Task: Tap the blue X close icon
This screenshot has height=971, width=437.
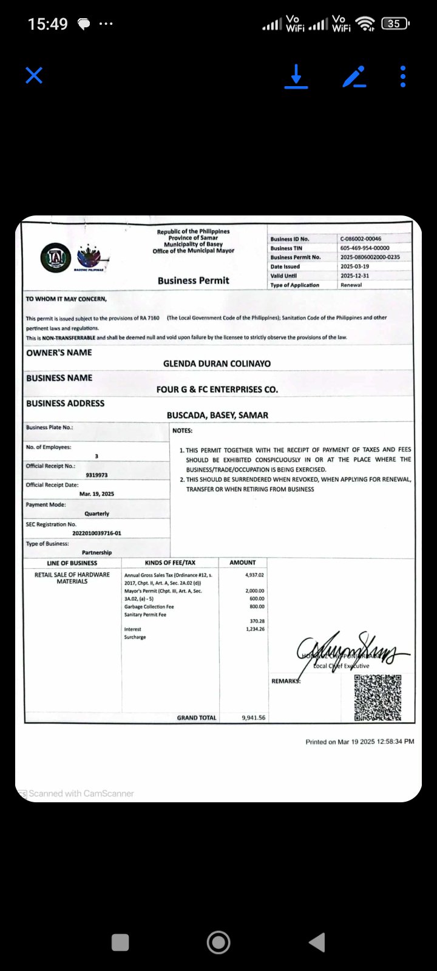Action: [34, 76]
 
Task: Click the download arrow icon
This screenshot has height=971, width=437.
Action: [296, 76]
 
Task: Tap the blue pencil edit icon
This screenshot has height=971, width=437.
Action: [354, 76]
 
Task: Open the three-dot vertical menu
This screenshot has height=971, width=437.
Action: [403, 76]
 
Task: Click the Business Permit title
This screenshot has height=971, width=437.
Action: [193, 280]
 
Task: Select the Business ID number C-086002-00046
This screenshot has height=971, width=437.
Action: [361, 239]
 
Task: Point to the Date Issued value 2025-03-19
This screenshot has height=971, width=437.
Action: [354, 266]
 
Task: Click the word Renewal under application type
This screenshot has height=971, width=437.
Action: [351, 285]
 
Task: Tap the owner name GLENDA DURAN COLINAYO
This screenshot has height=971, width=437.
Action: [217, 364]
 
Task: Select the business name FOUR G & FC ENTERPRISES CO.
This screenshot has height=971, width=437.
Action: [217, 390]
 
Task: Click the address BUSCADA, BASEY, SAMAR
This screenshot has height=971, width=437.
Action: [217, 415]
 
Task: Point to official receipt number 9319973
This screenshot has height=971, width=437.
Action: [97, 475]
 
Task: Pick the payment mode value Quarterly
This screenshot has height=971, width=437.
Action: [97, 513]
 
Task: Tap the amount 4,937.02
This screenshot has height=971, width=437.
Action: [254, 575]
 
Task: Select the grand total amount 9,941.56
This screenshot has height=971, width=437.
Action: [253, 717]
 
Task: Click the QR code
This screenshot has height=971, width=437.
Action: [378, 697]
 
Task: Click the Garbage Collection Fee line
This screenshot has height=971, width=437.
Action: [149, 607]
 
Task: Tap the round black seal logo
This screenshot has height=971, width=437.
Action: [55, 257]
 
